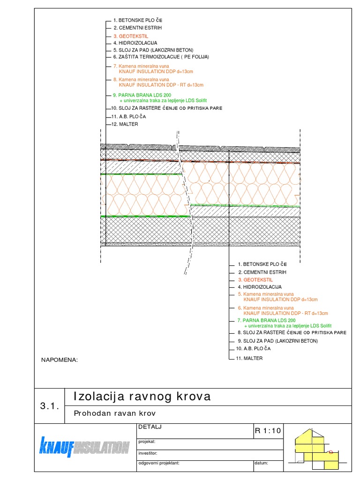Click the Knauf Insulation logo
pos(84,447)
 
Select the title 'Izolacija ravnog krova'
pos(142,397)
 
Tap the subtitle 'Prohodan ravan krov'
pos(115,413)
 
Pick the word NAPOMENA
pos(59,360)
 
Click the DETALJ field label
pos(150,427)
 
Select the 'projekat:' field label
pos(147,442)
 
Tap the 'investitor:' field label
pos(148,453)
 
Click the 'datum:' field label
pos(261,463)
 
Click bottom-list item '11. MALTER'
pos(250,358)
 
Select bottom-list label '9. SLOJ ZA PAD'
pos(277,341)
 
